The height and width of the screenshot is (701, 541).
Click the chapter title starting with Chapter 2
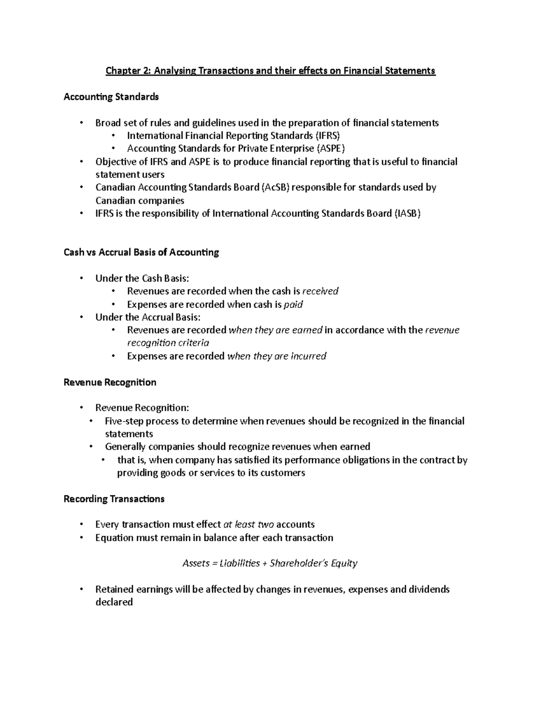click(270, 71)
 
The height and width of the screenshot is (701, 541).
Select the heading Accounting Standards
click(111, 97)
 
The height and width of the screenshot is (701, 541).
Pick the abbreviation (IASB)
click(408, 214)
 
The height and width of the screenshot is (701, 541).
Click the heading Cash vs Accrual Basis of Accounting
click(141, 252)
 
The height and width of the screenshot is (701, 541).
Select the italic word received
click(320, 291)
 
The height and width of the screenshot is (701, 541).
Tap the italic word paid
click(293, 305)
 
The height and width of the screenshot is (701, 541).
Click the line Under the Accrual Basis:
click(148, 317)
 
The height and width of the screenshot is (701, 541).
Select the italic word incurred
click(308, 356)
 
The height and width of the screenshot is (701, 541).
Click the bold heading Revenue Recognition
click(110, 382)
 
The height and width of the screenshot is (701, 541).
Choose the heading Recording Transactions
click(114, 499)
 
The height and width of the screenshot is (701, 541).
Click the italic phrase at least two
click(248, 525)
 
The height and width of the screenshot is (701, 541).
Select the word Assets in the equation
click(196, 563)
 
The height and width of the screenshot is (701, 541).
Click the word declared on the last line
click(114, 602)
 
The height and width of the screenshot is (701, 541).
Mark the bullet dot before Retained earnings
click(81, 590)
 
